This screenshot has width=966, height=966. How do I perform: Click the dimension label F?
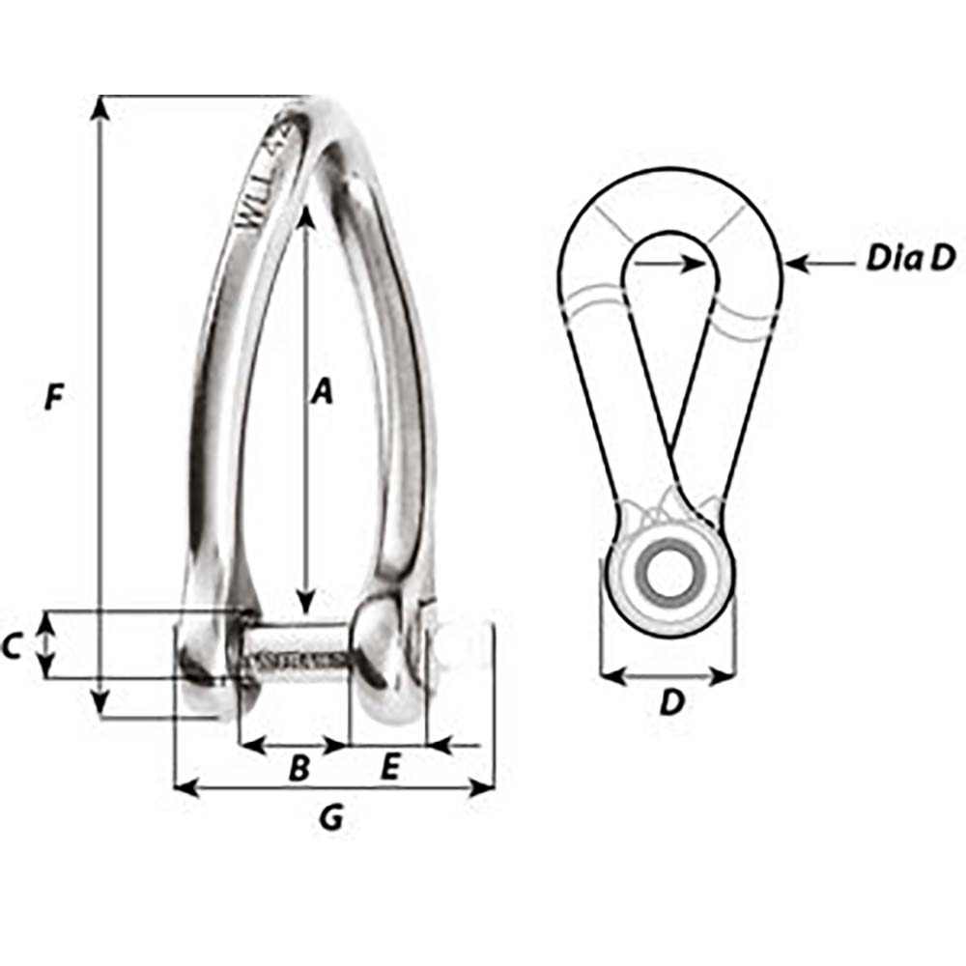pos(56,397)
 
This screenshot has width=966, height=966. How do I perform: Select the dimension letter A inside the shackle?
pos(322,391)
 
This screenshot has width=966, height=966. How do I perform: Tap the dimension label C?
pos(13,646)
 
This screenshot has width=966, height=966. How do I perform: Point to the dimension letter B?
pos(299,769)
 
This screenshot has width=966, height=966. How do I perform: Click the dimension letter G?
pos(331,818)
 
